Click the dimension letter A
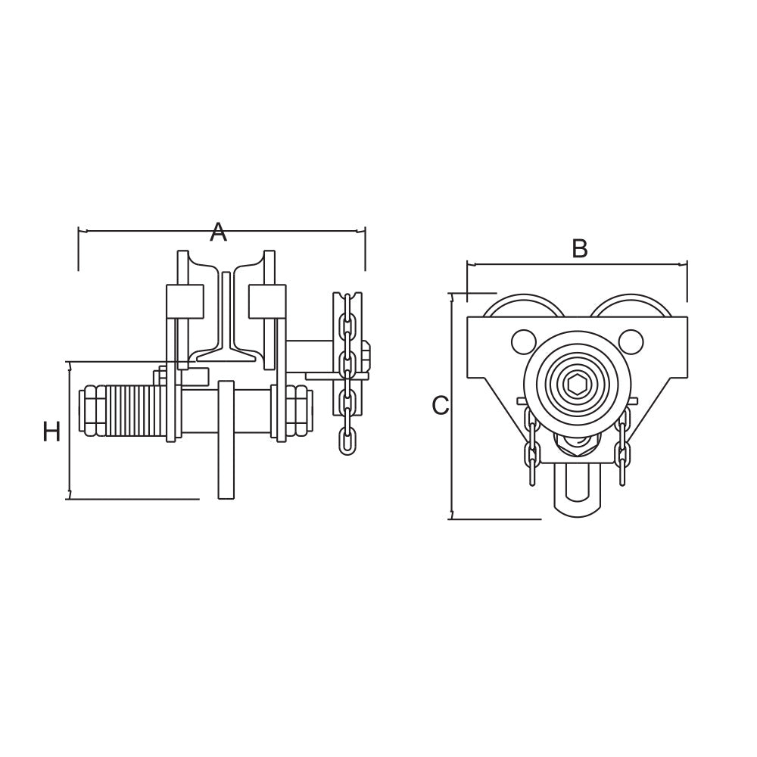218,232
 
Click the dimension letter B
579,248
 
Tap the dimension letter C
441,406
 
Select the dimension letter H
51,431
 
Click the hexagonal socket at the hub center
576,385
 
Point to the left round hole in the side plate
522,341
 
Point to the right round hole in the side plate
631,341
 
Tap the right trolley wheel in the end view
631,306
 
